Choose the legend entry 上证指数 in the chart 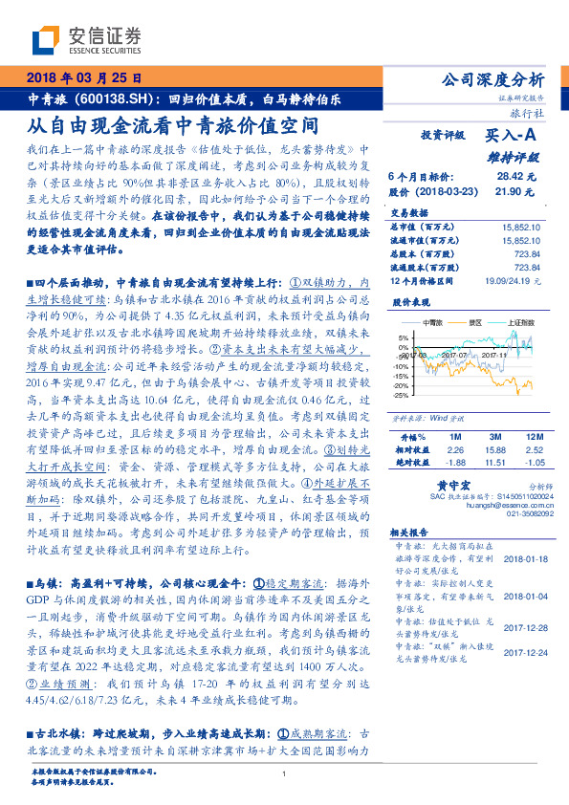coord(520,323)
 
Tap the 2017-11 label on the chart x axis coord(494,355)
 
